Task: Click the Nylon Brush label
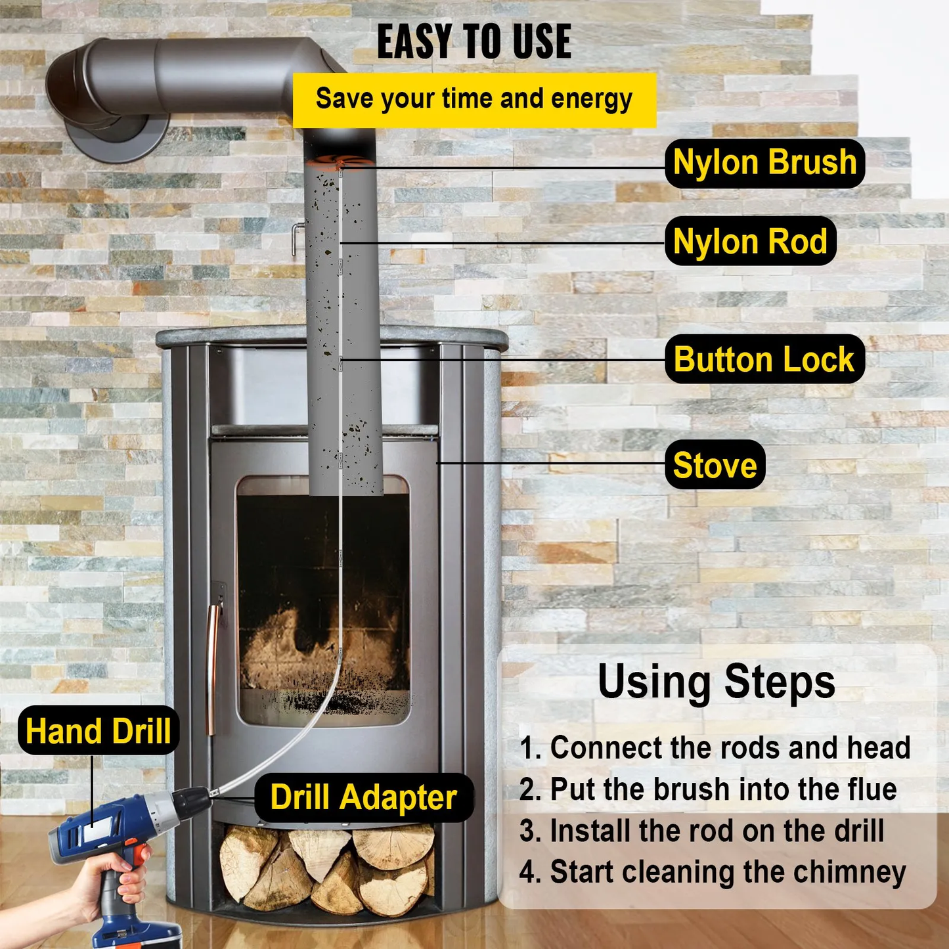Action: point(764,163)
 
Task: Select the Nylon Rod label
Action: point(750,241)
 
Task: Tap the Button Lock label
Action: point(764,359)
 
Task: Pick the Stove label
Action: point(715,465)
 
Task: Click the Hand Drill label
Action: point(99,730)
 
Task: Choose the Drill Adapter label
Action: point(363,797)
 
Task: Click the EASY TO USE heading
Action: point(474,42)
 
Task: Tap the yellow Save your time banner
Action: point(474,100)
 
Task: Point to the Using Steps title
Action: point(716,682)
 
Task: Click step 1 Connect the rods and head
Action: point(715,747)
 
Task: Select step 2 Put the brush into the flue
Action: point(708,789)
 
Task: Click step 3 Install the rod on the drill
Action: point(701,831)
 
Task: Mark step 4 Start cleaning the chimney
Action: point(713,872)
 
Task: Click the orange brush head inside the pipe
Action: point(340,162)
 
